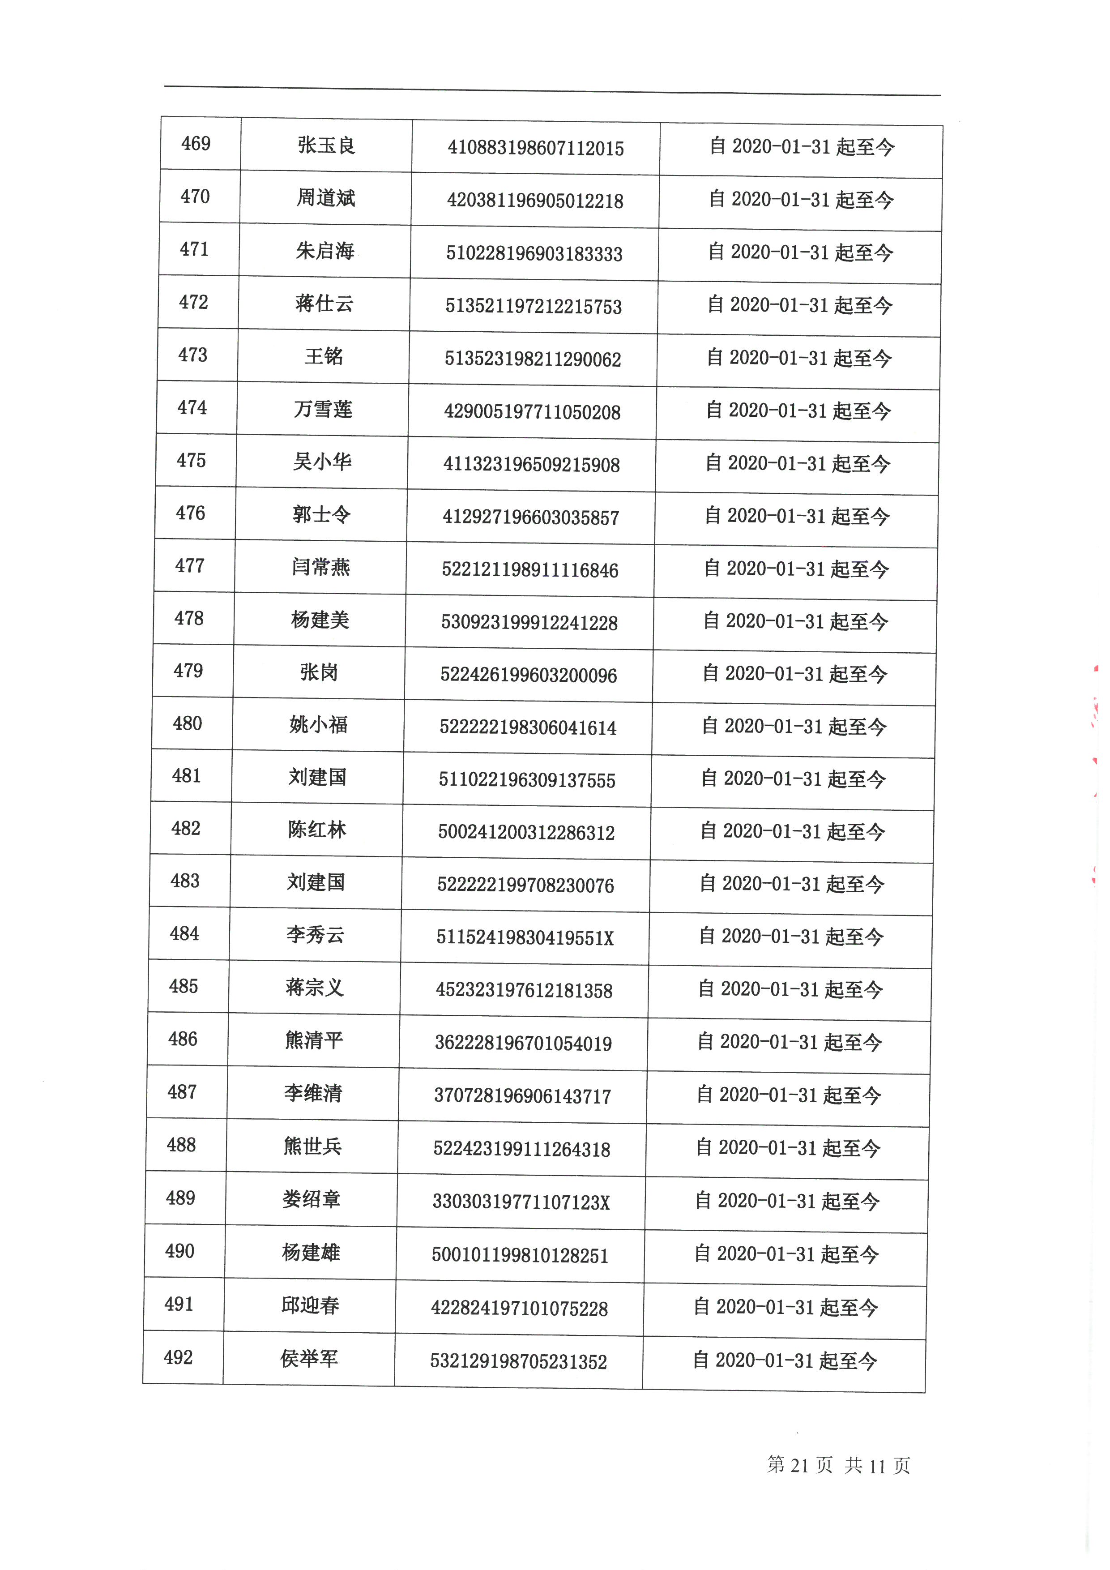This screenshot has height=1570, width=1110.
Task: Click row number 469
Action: point(196,144)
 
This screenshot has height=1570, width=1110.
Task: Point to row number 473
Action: point(193,355)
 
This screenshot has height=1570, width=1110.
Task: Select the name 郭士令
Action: point(321,514)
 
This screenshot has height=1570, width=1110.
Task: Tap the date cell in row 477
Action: point(796,569)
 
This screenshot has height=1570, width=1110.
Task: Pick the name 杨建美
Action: point(320,620)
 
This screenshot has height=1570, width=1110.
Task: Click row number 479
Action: point(188,671)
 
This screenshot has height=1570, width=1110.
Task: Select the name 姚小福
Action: point(319,725)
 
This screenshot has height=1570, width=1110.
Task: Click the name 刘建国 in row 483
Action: point(316,882)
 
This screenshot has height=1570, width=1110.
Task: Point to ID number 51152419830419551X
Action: point(525,937)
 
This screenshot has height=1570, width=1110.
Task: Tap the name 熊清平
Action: point(314,1040)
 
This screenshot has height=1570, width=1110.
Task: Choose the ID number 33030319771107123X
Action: point(521,1202)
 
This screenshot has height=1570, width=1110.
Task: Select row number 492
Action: point(179,1357)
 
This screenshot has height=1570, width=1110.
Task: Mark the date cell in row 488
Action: point(788,1148)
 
